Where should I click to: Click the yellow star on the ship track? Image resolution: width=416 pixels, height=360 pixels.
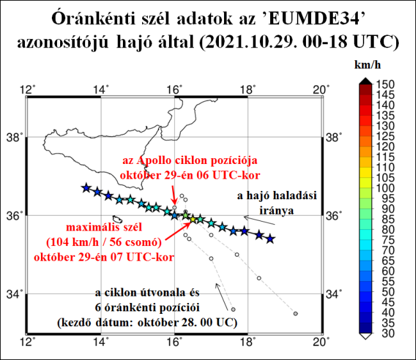pos(193,220)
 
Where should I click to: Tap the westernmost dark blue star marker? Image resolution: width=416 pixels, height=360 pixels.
pos(86,188)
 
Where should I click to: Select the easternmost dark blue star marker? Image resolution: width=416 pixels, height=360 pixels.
pos(270,238)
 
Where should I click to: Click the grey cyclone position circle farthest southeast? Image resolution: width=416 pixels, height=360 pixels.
pos(295,313)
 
